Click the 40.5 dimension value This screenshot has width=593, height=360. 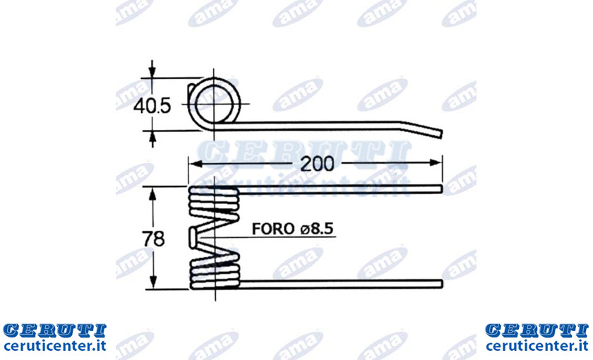click(152, 106)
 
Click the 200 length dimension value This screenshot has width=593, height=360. click(317, 164)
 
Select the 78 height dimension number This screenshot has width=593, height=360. click(154, 239)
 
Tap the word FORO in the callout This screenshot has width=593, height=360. click(273, 229)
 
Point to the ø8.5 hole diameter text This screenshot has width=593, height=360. click(317, 229)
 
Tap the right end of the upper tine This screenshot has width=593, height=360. click(441, 189)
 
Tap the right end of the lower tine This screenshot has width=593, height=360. click(441, 284)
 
